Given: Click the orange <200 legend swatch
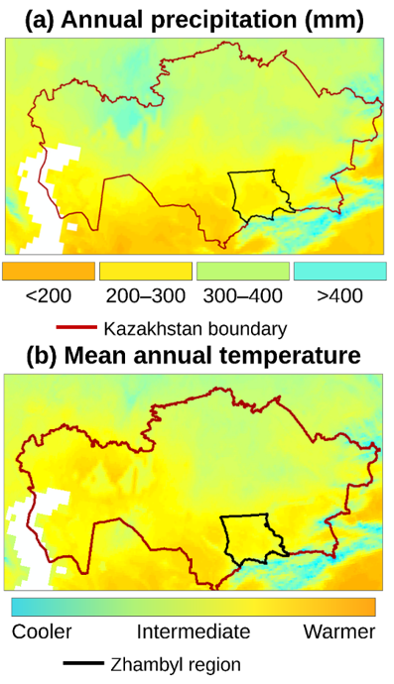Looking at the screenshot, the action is coord(49,271).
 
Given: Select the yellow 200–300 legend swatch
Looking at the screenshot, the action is coord(146,271).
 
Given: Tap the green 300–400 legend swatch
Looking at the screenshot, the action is coord(243,271).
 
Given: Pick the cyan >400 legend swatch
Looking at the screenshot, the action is coord(340,271).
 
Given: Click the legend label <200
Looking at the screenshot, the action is coord(49,296).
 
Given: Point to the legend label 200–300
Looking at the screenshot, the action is coord(146,296).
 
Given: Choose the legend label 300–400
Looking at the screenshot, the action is coord(243,296).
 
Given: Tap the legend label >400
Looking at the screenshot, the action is coord(340,296).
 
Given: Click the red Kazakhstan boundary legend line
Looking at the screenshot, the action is coord(76,327).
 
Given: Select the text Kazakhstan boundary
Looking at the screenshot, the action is coord(196,328).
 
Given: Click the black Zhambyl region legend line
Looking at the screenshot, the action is coord(83,663).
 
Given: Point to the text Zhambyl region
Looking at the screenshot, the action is coord(176,665).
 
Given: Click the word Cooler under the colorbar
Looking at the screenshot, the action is coord(42,631).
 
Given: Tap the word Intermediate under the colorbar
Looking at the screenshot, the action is coord(194,631).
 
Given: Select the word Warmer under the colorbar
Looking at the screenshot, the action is coord(339,631).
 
